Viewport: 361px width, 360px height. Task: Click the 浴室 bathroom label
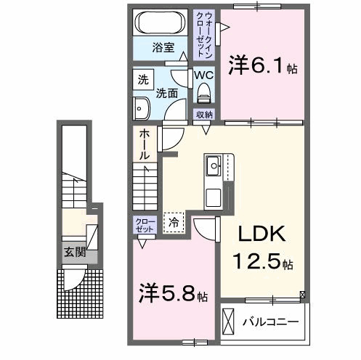[163, 48]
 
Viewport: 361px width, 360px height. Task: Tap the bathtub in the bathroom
[162, 22]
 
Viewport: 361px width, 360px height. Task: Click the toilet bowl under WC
[203, 93]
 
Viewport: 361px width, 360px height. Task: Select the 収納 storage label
[204, 115]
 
